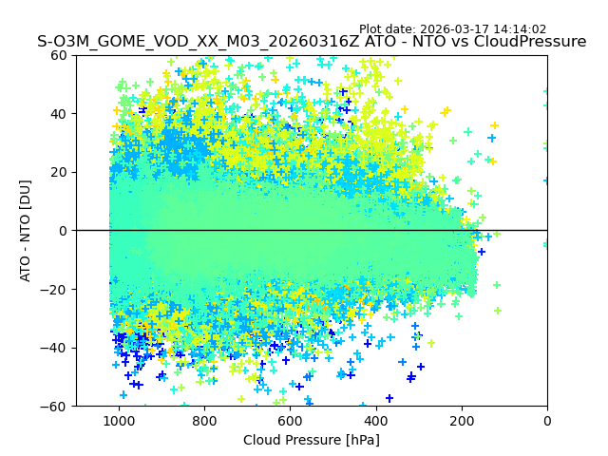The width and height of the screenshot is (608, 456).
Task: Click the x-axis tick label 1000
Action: (x=119, y=421)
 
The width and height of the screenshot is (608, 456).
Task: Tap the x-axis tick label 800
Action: (x=204, y=421)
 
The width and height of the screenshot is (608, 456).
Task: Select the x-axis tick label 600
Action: (x=290, y=421)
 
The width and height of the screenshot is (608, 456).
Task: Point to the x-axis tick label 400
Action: (x=376, y=421)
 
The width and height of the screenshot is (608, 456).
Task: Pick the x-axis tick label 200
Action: (x=462, y=421)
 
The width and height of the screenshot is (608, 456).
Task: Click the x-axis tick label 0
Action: (x=547, y=421)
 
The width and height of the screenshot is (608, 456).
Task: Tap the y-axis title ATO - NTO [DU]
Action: (x=27, y=231)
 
